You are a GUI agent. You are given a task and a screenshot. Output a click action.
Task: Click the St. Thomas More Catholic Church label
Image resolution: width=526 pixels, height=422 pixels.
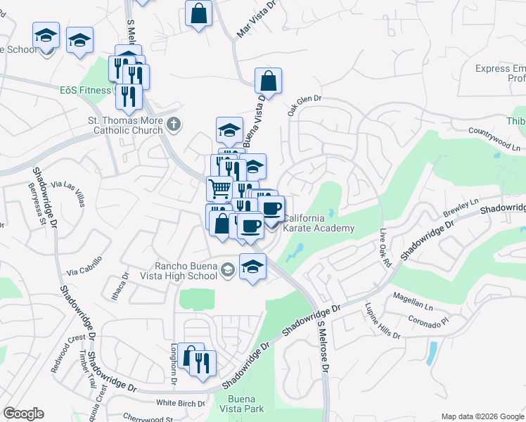[x=125, y=125]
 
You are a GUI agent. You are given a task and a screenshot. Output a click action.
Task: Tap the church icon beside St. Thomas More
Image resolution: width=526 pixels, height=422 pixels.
[x=174, y=125]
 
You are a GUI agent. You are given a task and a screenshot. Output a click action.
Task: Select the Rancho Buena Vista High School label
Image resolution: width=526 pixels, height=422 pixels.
[x=186, y=271]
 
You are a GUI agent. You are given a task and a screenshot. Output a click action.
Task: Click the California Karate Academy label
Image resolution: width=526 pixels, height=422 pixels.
[x=318, y=224]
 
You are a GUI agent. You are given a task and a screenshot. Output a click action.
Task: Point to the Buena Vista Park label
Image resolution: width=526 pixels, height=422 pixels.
[x=246, y=404]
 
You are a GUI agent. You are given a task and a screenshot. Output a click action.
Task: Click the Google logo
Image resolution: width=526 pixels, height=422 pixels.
[x=23, y=414]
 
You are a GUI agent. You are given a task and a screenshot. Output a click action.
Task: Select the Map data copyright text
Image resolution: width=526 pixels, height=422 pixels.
[x=482, y=416]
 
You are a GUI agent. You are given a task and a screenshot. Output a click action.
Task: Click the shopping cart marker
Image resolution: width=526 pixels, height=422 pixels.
[x=219, y=188]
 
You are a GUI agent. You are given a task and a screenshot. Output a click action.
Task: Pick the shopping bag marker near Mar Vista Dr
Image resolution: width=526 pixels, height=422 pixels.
[x=199, y=13]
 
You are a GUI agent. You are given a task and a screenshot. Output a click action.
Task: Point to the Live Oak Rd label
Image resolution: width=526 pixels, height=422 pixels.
[x=384, y=248]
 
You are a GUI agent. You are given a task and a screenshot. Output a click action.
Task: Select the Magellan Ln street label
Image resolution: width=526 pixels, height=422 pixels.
[x=413, y=300]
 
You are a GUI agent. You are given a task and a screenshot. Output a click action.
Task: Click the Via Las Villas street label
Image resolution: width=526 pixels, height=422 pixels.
[x=68, y=188]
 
